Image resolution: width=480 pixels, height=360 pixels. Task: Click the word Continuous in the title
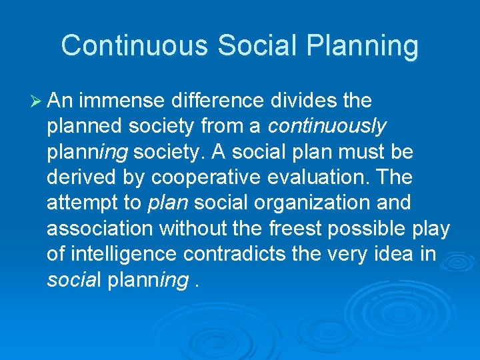(134, 46)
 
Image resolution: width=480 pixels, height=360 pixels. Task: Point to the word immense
(125, 101)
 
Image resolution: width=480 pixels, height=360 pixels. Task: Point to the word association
(100, 229)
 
